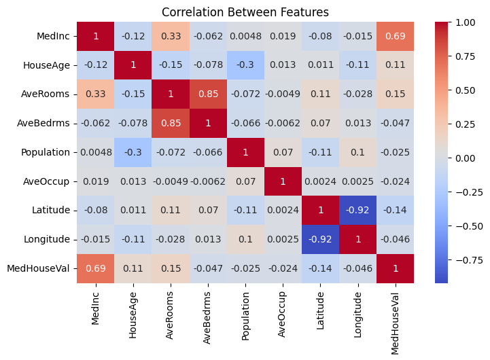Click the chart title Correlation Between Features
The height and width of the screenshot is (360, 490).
(x=244, y=12)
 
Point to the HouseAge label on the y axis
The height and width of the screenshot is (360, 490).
(x=46, y=65)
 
